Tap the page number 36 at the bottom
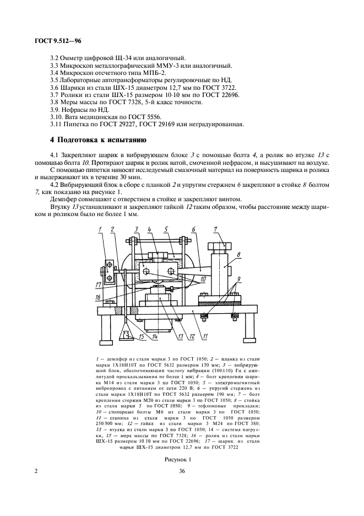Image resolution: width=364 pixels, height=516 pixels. (182, 470)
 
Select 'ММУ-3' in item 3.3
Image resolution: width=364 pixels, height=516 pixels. (164, 65)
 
